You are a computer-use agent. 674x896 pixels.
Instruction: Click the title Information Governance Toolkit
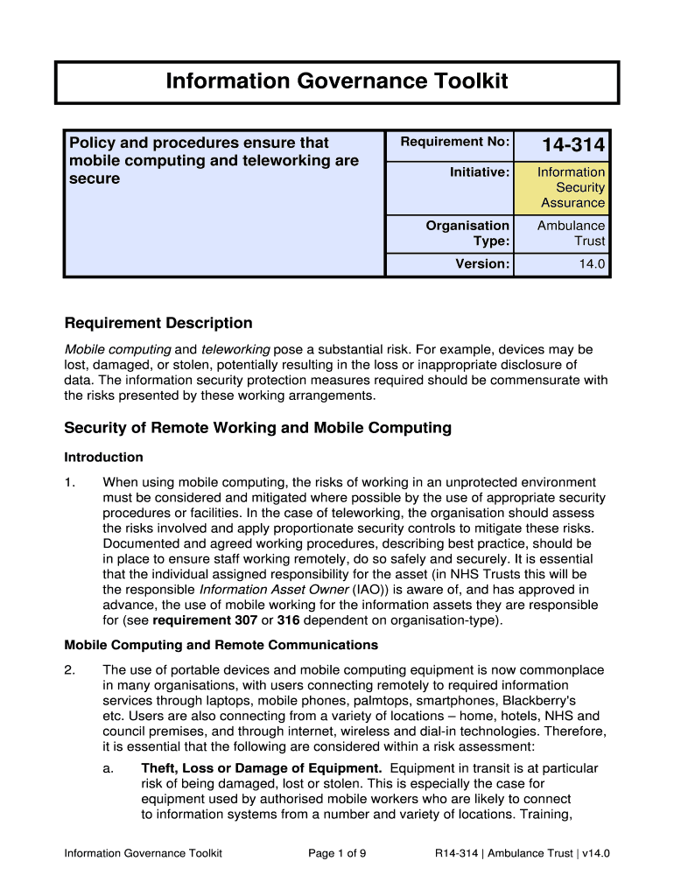tap(337, 81)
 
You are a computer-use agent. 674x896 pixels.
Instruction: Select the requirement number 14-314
tap(572, 145)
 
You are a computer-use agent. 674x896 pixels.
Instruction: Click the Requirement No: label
tap(454, 142)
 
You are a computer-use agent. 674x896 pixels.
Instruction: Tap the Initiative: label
tap(479, 172)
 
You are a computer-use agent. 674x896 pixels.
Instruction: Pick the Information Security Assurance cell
tap(571, 187)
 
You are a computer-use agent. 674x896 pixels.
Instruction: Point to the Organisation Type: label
tap(467, 233)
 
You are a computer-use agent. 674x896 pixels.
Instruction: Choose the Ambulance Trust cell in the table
tap(571, 233)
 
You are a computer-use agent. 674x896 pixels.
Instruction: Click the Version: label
tap(482, 263)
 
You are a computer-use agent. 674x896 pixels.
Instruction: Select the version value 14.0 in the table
tap(591, 263)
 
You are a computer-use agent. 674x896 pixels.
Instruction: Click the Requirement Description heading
tap(158, 323)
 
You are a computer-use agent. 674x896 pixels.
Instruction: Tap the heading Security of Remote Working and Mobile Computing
tap(258, 428)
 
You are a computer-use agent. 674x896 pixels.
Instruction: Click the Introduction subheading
tap(103, 457)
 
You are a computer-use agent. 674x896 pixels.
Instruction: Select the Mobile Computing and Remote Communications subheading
tap(221, 645)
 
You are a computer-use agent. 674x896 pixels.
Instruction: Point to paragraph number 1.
tap(70, 482)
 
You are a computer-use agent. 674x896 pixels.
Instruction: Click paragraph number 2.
tap(70, 670)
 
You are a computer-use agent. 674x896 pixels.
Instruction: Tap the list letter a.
tap(107, 768)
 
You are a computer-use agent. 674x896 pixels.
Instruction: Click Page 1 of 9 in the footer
tap(337, 853)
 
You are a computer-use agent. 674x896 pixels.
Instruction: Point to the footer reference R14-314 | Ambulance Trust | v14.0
tap(522, 853)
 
